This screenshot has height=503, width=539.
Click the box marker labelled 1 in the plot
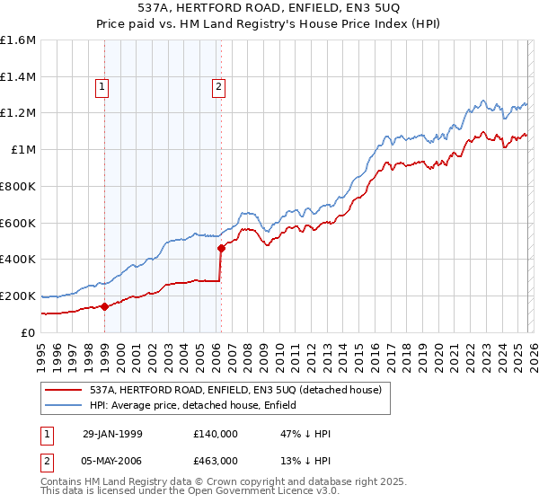pos(103,87)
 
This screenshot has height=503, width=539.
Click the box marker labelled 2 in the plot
pos(218,87)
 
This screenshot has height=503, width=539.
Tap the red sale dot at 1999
pos(104,306)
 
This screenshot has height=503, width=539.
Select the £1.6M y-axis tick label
pos(18,40)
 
